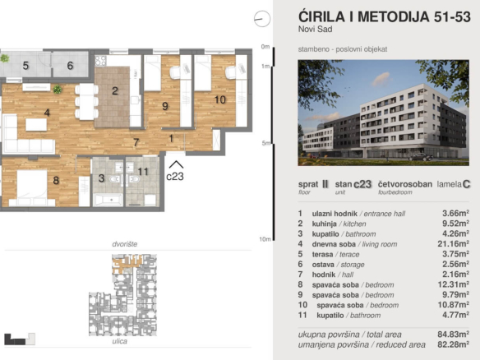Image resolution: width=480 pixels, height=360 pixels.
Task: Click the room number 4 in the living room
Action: [x=47, y=113]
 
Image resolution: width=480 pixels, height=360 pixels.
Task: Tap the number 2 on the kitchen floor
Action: [x=115, y=91]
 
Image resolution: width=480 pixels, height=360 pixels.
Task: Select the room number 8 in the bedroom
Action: [x=56, y=180]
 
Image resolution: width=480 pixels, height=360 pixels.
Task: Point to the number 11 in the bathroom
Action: [x=143, y=172]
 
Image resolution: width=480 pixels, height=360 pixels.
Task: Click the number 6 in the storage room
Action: [x=71, y=65]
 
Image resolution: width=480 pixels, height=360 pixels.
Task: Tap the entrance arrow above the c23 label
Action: [x=177, y=164]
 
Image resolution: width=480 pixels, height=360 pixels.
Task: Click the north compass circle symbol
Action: [x=262, y=19]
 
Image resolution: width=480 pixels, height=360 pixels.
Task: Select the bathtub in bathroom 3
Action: [x=108, y=201]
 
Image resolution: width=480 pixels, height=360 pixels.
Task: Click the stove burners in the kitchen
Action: [x=101, y=61]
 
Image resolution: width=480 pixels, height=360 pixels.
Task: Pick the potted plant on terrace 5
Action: [x=4, y=58]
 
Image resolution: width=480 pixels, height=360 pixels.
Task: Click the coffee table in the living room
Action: [x=36, y=125]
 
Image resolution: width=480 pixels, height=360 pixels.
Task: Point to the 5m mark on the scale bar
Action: [x=266, y=143]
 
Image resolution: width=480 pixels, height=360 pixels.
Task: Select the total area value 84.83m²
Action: [x=453, y=335]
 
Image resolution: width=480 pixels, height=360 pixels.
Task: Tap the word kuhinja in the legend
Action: [x=324, y=224]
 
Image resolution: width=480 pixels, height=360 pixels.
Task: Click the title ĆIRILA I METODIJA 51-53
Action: [x=384, y=16]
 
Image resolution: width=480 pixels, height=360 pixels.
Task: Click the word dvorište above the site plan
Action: [x=125, y=244]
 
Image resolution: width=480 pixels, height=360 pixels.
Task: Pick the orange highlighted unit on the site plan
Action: [x=126, y=264]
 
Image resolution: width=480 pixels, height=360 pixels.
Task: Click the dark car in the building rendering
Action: [x=421, y=157]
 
